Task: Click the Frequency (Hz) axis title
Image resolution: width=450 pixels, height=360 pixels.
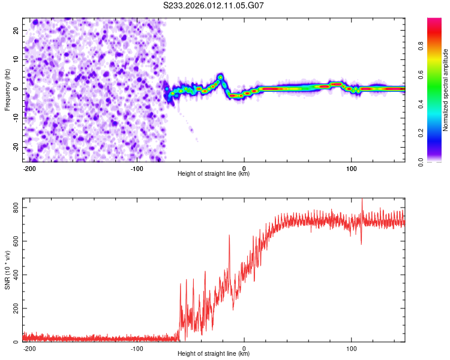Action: pos(7,89)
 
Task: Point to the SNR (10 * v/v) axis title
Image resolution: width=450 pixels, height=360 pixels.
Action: pos(7,271)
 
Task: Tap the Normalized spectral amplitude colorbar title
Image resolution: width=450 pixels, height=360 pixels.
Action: pos(446,90)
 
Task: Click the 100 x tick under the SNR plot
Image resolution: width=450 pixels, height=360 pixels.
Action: pos(351,348)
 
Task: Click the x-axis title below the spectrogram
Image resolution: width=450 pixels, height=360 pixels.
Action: pos(214,174)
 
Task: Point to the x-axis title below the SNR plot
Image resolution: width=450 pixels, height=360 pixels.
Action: pos(214,354)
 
